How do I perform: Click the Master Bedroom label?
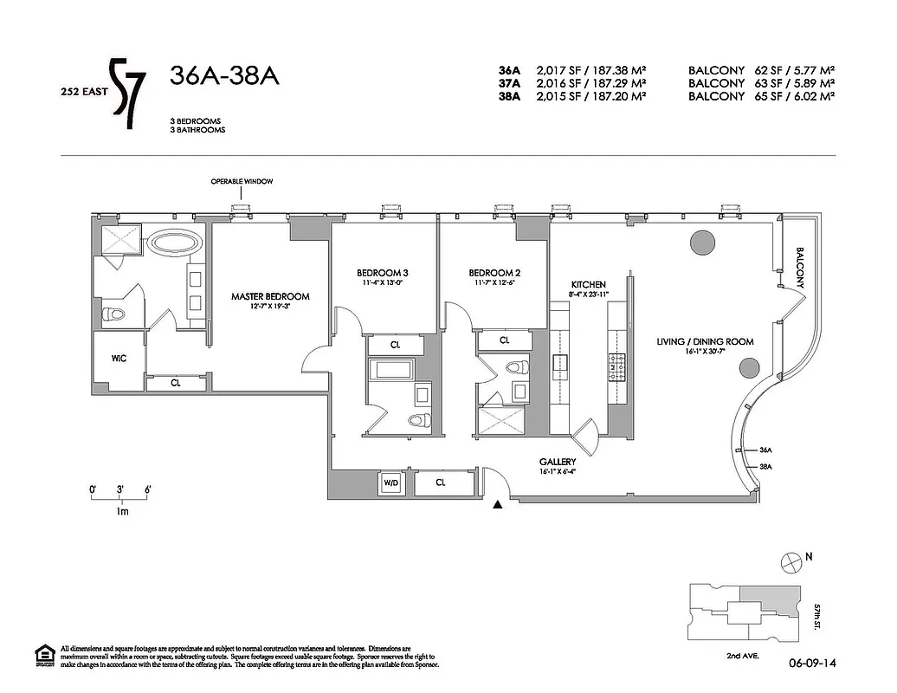point(269,296)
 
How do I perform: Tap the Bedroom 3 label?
point(383,272)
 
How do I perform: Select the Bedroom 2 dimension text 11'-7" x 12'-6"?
point(494,282)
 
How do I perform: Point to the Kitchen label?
point(588,284)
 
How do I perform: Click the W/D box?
point(390,483)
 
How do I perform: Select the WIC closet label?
point(119,359)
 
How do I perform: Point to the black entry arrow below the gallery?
point(498,504)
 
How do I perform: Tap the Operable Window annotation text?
point(242,181)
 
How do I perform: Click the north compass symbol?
point(790,562)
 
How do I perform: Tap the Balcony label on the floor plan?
point(800,268)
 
